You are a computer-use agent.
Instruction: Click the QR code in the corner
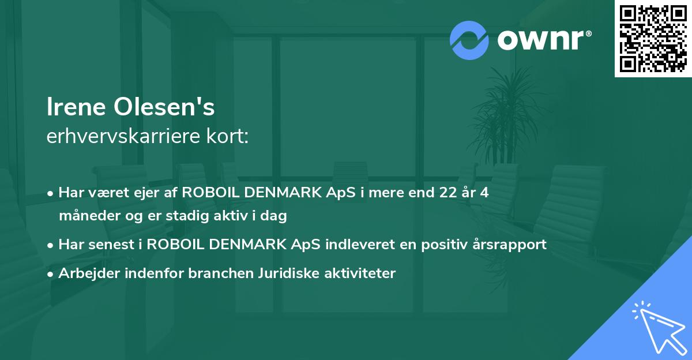pos(653,39)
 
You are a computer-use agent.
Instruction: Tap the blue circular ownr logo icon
pos(469,40)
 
